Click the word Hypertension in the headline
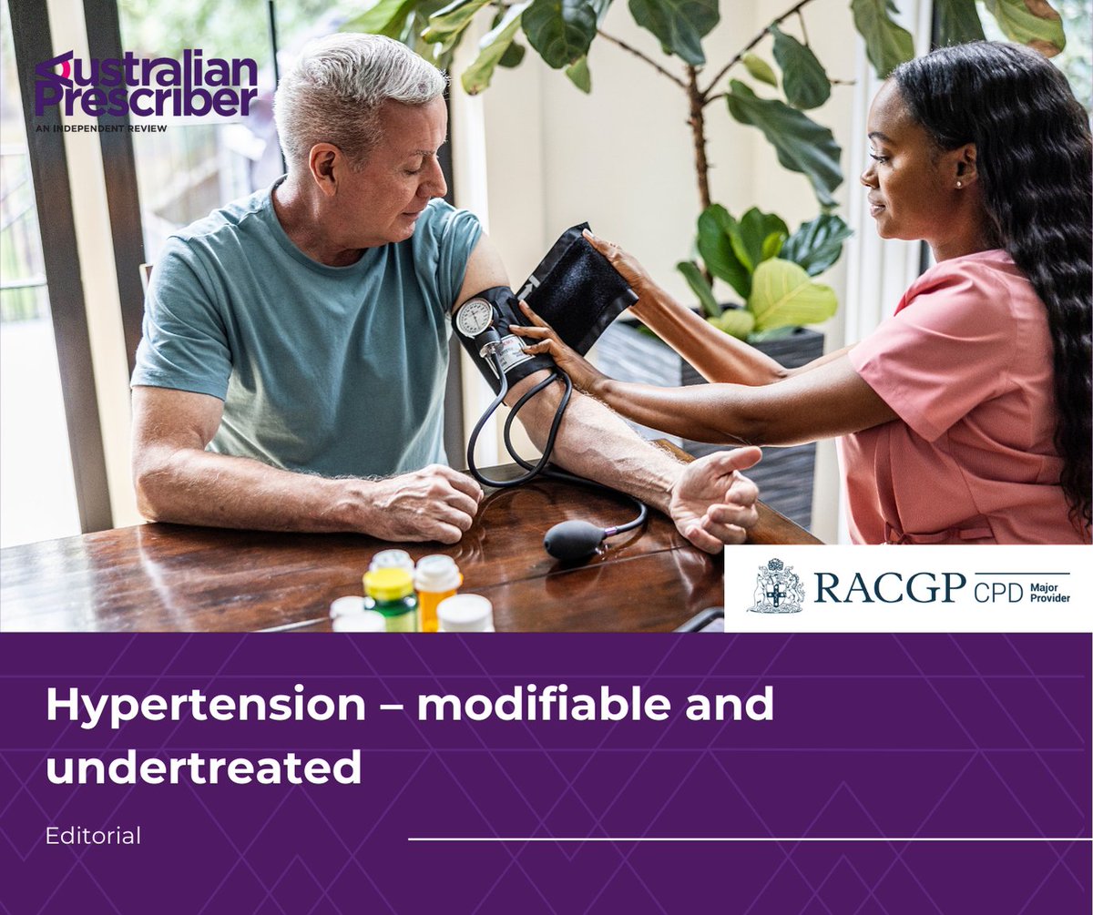pyautogui.click(x=204, y=706)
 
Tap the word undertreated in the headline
pyautogui.click(x=204, y=767)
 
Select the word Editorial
pyautogui.click(x=93, y=836)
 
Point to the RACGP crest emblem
pyautogui.click(x=776, y=587)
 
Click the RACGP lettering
pyautogui.click(x=888, y=588)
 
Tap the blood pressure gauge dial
pyautogui.click(x=475, y=319)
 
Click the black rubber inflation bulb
pyautogui.click(x=575, y=540)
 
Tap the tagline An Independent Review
pyautogui.click(x=101, y=128)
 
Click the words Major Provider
pyautogui.click(x=1050, y=588)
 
